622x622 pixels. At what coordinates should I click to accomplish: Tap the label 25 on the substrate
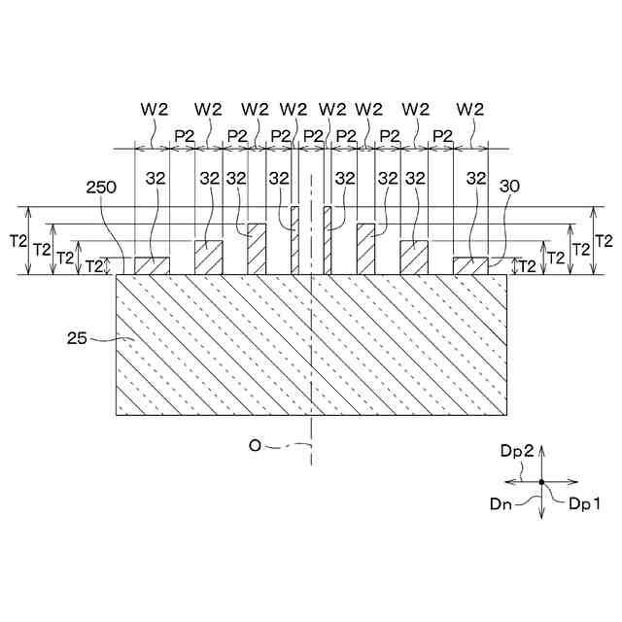[x=79, y=339]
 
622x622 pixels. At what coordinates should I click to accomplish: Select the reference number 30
[x=508, y=185]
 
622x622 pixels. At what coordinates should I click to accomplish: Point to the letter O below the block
[x=255, y=445]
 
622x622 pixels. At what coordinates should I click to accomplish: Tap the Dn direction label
[x=502, y=501]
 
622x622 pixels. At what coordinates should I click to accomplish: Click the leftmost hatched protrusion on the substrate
[x=151, y=265]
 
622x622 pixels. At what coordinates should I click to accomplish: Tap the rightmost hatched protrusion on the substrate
[x=469, y=265]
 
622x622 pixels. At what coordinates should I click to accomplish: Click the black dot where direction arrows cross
[x=541, y=482]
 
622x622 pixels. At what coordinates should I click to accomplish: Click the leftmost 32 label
[x=155, y=178]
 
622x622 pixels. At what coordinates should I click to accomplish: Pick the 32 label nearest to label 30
[x=476, y=178]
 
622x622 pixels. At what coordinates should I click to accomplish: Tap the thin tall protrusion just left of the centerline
[x=295, y=239]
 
